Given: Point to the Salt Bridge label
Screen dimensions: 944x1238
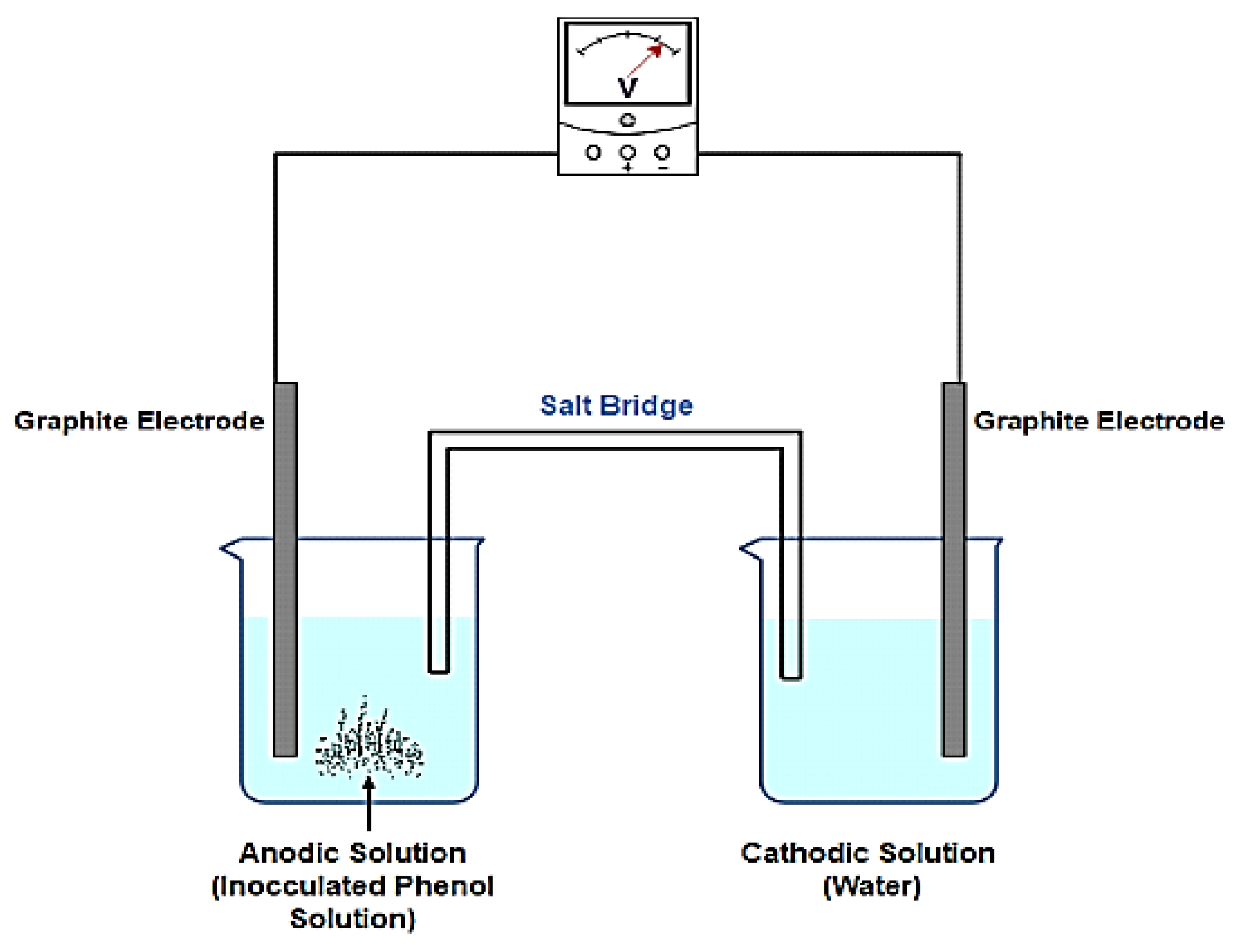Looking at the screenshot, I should click(x=616, y=405).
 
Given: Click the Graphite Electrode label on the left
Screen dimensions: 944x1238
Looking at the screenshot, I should click(x=139, y=420).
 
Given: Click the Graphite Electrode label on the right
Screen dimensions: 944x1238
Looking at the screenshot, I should click(x=1099, y=420).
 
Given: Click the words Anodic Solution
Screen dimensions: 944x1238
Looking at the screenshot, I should click(x=353, y=853).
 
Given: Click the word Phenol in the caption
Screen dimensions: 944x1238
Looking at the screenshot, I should click(x=444, y=886).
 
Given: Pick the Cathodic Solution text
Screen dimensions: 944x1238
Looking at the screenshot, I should click(x=868, y=853).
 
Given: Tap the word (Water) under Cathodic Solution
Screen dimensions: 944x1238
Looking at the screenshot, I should click(x=872, y=886).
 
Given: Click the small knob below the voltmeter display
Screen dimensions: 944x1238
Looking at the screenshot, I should click(x=628, y=119).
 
